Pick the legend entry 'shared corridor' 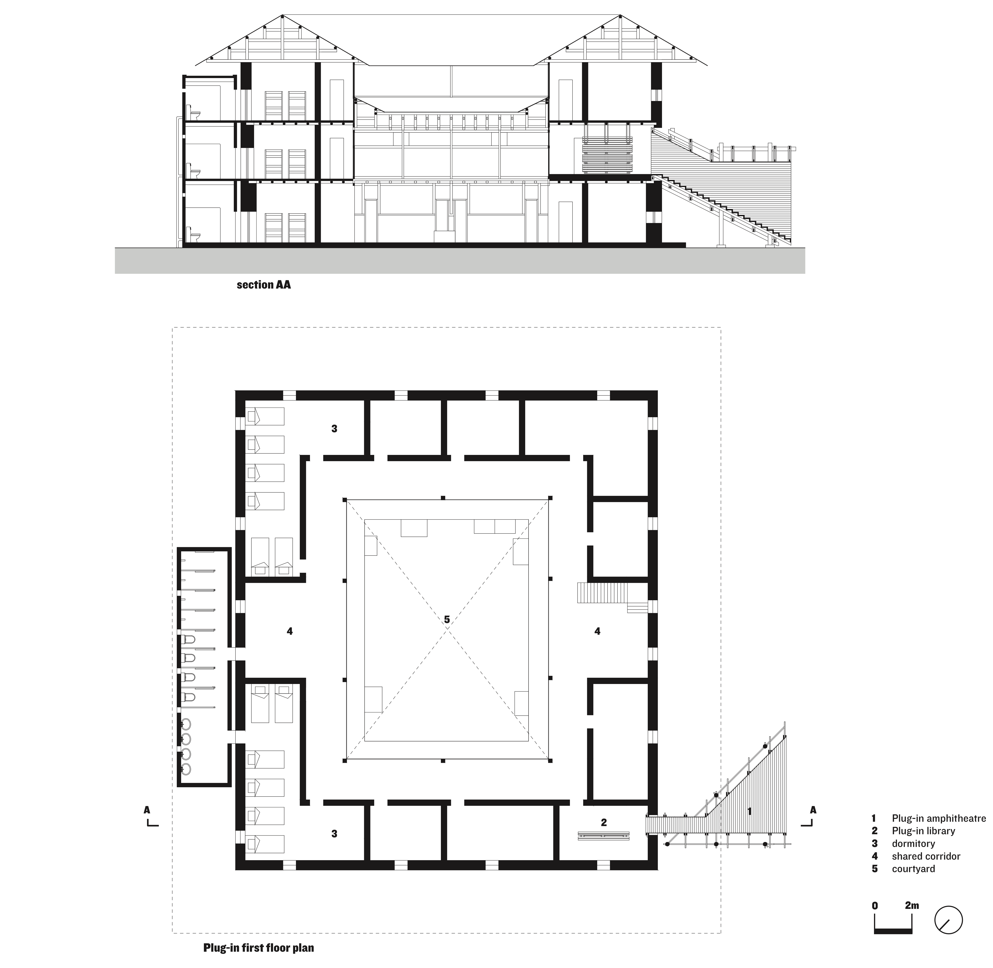coord(925,856)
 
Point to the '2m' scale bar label coord(912,905)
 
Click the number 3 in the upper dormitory coord(334,429)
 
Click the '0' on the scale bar coord(875,905)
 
